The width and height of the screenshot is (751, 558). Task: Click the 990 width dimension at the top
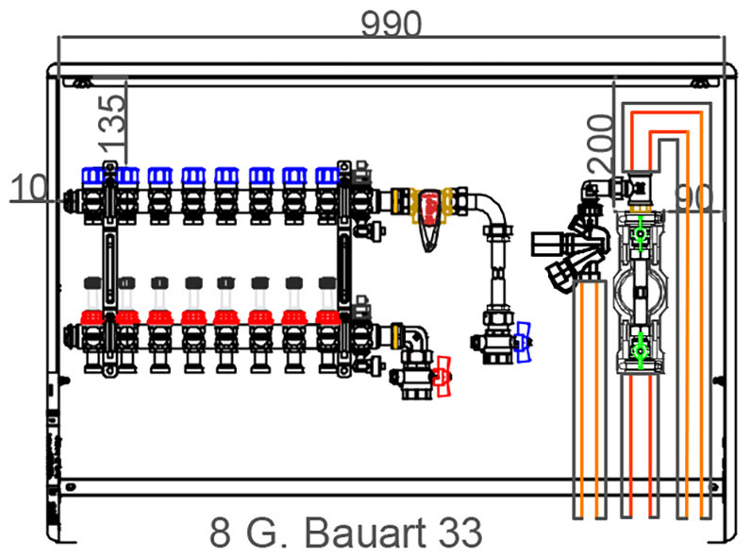click(x=392, y=24)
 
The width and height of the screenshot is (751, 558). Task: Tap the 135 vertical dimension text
click(x=112, y=121)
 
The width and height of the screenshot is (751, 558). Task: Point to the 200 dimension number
click(x=601, y=144)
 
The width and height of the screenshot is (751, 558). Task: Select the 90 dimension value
click(x=693, y=197)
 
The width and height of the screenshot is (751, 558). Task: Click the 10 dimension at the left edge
click(x=28, y=188)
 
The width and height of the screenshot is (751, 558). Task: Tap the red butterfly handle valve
click(x=442, y=377)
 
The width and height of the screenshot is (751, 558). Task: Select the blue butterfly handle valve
click(x=522, y=343)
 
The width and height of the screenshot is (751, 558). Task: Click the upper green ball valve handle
click(x=640, y=233)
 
